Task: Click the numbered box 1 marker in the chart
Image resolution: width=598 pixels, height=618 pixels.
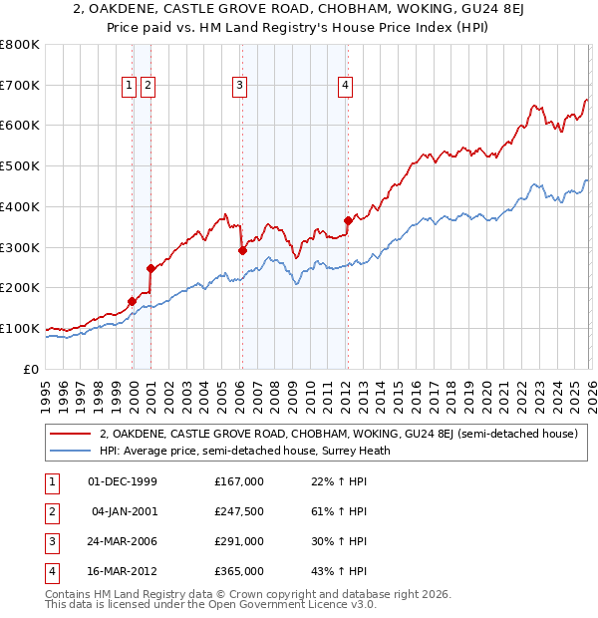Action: [x=130, y=87]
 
